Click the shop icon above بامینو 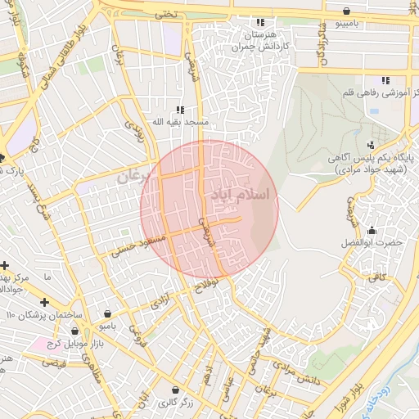[x=349, y=11]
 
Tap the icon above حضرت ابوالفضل [x=373, y=231]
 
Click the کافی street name [x=376, y=278]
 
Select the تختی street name [x=166, y=15]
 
